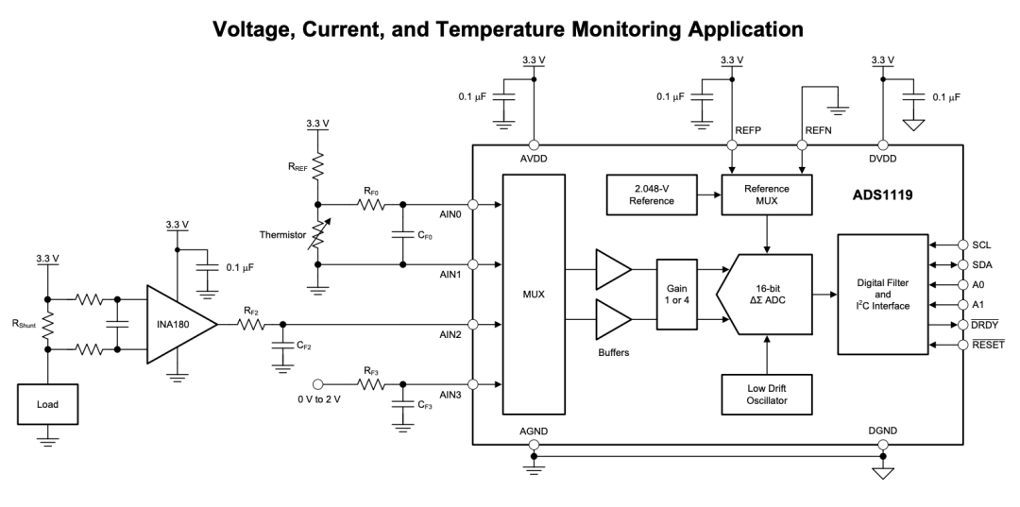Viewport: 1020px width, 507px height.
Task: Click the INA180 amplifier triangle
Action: [x=180, y=324]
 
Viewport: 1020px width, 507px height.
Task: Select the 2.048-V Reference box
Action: [x=651, y=194]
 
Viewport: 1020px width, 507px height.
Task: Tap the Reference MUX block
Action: [x=767, y=194]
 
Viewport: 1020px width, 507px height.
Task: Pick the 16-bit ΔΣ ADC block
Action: [x=765, y=295]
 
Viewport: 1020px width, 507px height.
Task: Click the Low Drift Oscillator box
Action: [x=767, y=395]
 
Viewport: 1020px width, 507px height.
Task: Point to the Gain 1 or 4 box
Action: [x=676, y=295]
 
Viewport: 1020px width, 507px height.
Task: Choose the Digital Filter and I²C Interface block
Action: [x=883, y=295]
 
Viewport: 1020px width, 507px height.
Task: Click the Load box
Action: [x=47, y=404]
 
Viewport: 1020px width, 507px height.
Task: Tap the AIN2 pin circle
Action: [x=473, y=325]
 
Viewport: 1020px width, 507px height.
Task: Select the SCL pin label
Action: [x=981, y=245]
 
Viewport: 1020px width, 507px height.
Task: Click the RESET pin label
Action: [x=988, y=345]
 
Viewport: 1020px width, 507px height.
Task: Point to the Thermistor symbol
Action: [x=318, y=235]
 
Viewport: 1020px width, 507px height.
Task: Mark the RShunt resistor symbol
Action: [x=47, y=325]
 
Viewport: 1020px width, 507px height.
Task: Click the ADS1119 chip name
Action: [x=883, y=194]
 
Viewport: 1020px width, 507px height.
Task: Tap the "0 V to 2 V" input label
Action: [x=319, y=399]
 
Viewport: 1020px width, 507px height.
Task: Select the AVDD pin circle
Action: [x=534, y=145]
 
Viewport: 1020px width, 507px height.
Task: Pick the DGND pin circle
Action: [x=883, y=446]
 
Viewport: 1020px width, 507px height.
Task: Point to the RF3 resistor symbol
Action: [x=371, y=384]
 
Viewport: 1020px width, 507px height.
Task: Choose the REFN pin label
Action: [x=818, y=130]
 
